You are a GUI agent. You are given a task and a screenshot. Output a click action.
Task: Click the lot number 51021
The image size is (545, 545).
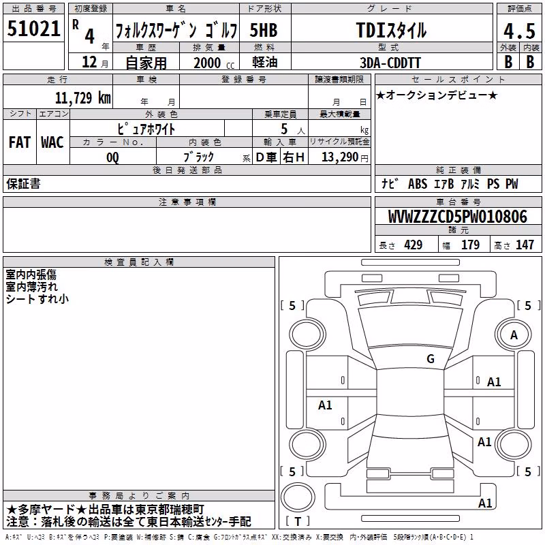[33, 29]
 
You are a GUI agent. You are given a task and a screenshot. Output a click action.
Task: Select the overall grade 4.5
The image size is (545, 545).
[520, 31]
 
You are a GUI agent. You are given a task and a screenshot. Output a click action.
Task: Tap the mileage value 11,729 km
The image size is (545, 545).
[83, 98]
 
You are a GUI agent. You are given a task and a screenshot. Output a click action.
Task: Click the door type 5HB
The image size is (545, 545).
[264, 30]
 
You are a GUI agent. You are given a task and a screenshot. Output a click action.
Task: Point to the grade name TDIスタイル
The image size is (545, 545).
[391, 31]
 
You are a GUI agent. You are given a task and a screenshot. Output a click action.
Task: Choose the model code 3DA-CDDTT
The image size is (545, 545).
[390, 63]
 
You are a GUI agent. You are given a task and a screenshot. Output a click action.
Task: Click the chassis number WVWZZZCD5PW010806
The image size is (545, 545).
[458, 217]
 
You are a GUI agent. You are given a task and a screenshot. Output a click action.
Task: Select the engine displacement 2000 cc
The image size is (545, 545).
[214, 63]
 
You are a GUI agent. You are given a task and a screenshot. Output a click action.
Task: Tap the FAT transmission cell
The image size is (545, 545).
[20, 142]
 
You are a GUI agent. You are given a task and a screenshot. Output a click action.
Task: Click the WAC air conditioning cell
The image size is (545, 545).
[52, 142]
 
